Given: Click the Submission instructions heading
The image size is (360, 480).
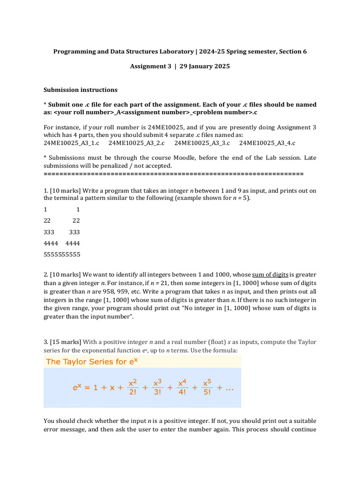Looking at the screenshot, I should (x=81, y=90).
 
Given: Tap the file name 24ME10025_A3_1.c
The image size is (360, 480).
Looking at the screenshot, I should (x=71, y=143).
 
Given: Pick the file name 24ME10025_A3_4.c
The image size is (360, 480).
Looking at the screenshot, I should (x=267, y=143).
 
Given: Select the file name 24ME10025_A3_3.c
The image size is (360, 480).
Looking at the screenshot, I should (x=202, y=143).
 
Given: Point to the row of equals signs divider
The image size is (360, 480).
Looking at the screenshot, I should (x=173, y=173).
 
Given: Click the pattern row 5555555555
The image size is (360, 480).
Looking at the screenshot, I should (x=62, y=255).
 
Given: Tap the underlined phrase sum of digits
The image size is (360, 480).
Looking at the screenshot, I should (x=270, y=275).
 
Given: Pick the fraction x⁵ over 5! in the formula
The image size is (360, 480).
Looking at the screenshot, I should (x=207, y=388).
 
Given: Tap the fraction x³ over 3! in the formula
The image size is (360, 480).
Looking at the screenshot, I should (x=157, y=388).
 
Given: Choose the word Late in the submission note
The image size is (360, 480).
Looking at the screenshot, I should (x=310, y=158).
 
